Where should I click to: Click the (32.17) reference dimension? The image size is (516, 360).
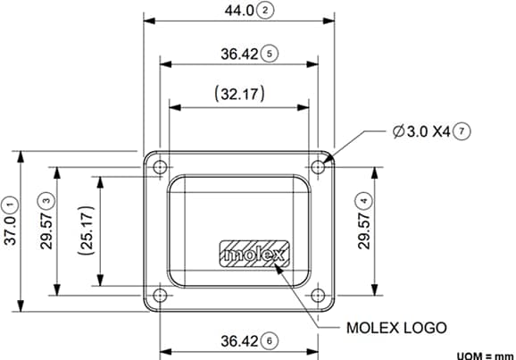point(237,92)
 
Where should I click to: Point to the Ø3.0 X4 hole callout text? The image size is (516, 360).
point(420,130)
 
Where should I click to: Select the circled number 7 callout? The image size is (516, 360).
point(461,130)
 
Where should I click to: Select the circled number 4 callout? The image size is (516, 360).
point(363,199)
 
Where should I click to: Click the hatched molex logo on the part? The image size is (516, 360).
point(254,255)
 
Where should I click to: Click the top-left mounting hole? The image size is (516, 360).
point(159,166)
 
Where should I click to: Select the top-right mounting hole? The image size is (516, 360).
point(318,166)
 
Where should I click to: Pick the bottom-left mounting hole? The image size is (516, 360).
point(159,296)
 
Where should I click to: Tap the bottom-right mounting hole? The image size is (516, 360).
point(318,296)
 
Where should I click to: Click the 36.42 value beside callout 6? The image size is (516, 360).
point(238,340)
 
